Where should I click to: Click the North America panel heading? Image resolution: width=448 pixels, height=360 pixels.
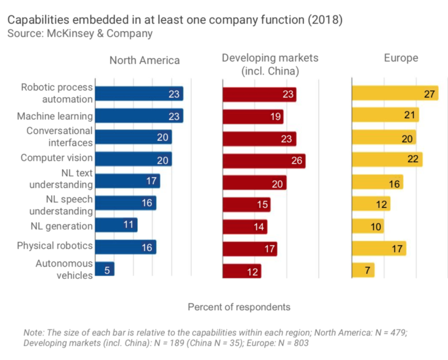pyautogui.click(x=144, y=60)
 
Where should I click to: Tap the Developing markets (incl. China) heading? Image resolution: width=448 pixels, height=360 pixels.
pyautogui.click(x=270, y=64)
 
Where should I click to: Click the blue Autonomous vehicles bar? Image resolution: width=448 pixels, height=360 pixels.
pyautogui.click(x=105, y=270)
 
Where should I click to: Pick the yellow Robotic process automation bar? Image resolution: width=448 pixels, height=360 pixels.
pyautogui.click(x=394, y=93)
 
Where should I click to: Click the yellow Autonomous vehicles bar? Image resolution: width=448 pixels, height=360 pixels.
pyautogui.click(x=363, y=270)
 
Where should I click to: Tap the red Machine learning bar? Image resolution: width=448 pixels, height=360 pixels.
pyautogui.click(x=253, y=116)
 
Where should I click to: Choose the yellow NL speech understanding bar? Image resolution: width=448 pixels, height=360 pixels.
pyautogui.click(x=371, y=204)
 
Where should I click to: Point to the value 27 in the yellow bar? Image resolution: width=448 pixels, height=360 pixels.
pyautogui.click(x=430, y=93)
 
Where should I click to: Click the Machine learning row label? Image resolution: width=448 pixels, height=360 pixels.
pyautogui.click(x=54, y=116)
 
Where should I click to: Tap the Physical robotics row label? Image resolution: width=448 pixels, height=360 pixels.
pyautogui.click(x=54, y=246)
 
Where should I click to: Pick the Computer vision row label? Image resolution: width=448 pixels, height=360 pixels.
pyautogui.click(x=57, y=158)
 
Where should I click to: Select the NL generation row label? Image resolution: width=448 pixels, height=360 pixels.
pyautogui.click(x=62, y=226)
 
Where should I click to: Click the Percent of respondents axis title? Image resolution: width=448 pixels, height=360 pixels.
pyautogui.click(x=239, y=307)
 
